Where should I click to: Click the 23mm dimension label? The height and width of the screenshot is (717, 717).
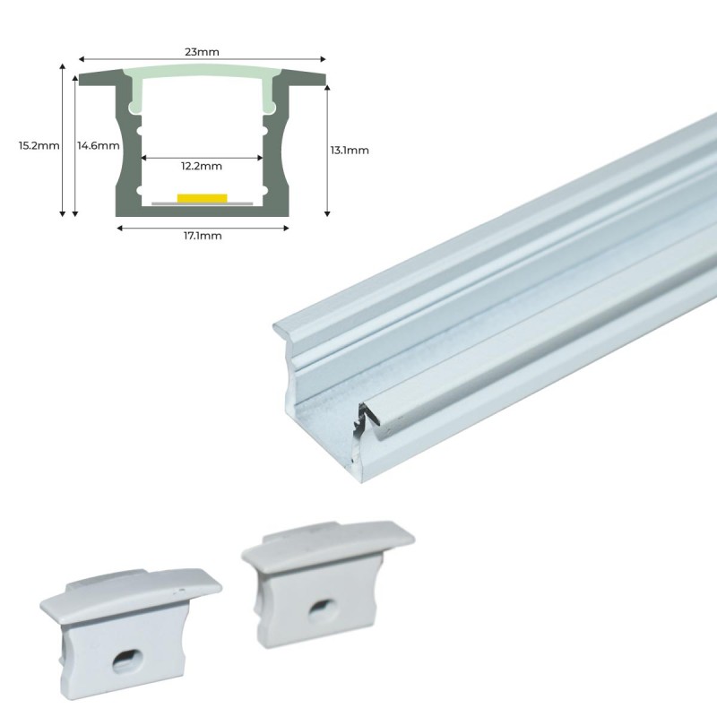click(202, 52)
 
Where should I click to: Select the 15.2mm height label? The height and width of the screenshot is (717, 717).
click(39, 145)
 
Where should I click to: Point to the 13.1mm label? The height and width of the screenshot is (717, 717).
click(350, 150)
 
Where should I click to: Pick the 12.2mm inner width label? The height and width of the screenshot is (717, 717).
click(202, 165)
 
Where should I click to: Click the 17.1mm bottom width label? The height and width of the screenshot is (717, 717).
click(202, 236)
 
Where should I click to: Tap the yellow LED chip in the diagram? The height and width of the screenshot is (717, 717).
click(202, 197)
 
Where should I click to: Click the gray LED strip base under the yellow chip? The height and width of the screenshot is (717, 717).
click(202, 203)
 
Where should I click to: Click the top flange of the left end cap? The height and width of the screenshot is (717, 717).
click(130, 592)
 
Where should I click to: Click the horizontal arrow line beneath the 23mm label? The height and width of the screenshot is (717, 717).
click(202, 61)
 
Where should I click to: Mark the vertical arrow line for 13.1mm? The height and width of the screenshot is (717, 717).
click(328, 150)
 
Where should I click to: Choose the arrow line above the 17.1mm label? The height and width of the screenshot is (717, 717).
click(202, 227)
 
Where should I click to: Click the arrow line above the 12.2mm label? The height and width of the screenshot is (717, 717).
click(202, 158)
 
